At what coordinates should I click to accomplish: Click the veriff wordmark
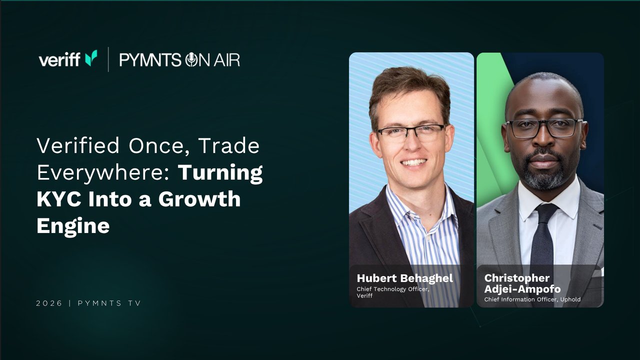coord(59,59)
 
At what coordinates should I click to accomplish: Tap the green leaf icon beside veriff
coord(91,58)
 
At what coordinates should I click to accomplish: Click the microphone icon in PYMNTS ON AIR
coord(191,60)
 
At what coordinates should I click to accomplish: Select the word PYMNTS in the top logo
coord(150,60)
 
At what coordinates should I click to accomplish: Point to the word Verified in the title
coord(78,145)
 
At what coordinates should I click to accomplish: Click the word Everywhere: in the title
coord(103,172)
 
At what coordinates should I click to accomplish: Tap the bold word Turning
coord(220,173)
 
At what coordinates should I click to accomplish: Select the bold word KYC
coord(59,199)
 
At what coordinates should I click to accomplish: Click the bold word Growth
coord(199,199)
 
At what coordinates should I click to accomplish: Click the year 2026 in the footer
coord(49,303)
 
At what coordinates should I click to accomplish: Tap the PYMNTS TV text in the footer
coord(109,303)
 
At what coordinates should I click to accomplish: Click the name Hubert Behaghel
coord(405,278)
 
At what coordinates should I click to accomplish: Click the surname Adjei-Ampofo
coord(522,289)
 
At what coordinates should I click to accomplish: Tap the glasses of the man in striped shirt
coord(411,133)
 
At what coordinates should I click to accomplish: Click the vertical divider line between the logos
coord(108,59)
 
